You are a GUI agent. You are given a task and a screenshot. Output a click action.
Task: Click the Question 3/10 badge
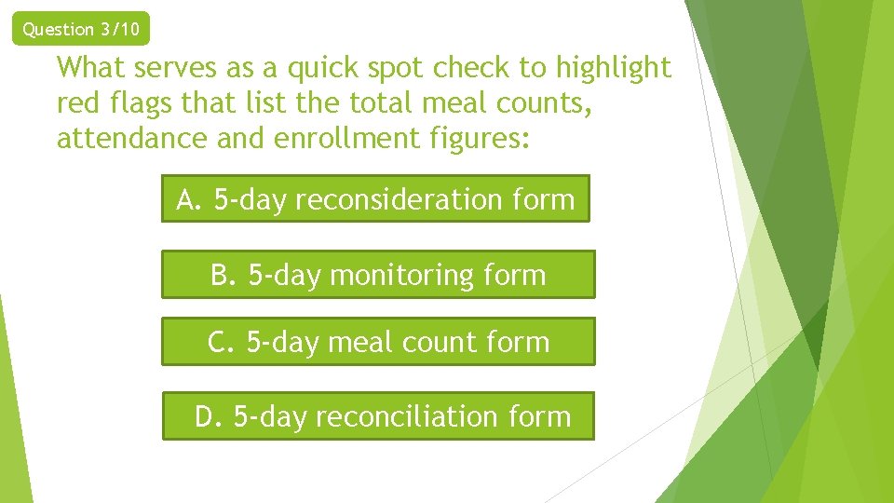coord(81,29)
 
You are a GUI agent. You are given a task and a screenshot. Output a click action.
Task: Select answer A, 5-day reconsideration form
coord(375,199)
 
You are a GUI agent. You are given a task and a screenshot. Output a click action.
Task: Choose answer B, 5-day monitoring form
coord(377,275)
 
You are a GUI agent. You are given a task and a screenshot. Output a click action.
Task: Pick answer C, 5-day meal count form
coord(377,342)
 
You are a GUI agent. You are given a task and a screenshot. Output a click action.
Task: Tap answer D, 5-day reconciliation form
coord(377,415)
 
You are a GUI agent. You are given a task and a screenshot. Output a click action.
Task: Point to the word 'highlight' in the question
coord(614,68)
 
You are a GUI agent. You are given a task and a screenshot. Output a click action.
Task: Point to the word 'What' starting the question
coord(90,68)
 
